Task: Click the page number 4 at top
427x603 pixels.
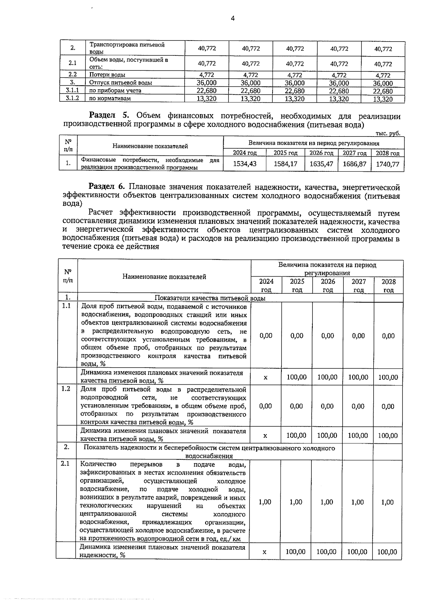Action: (233, 18)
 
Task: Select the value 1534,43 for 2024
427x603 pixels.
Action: (244, 164)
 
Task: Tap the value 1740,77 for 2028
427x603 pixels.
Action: (388, 164)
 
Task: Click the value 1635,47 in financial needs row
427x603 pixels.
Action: (321, 164)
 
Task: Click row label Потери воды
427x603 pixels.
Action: (107, 75)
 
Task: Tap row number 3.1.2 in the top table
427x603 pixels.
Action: (72, 98)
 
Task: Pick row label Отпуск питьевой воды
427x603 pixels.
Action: (120, 83)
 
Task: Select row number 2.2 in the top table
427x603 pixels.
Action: (72, 75)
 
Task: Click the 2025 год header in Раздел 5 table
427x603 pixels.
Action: (285, 153)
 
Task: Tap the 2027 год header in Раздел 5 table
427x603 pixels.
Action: (354, 153)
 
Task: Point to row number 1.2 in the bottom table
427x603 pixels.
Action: (66, 389)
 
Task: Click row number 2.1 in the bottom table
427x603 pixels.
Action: (65, 464)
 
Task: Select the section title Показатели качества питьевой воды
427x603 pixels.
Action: (210, 298)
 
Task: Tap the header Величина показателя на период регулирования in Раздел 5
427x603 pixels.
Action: (313, 143)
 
